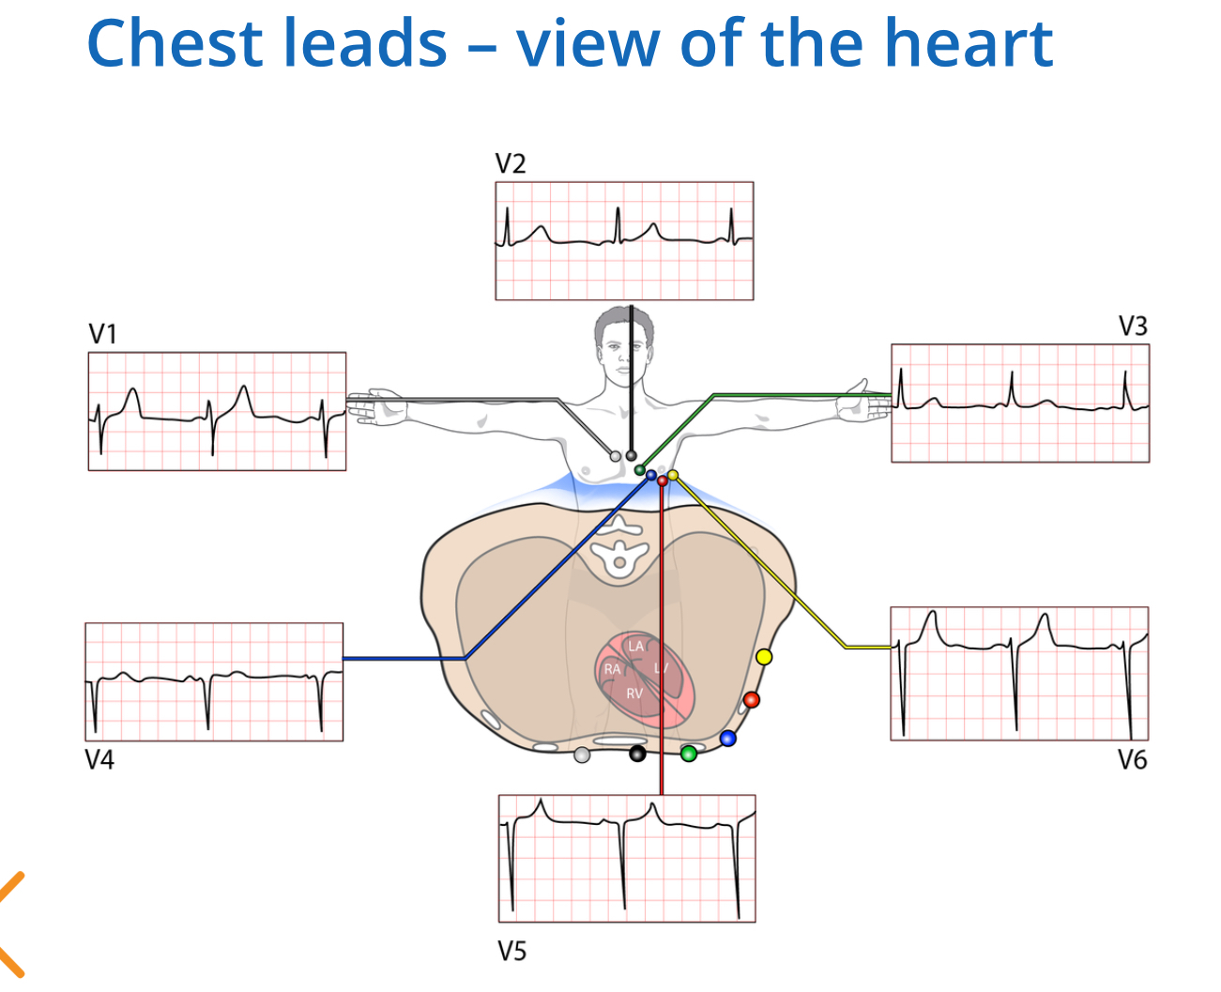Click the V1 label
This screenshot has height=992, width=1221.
102,334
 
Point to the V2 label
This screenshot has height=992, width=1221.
511,164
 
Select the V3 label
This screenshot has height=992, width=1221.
1133,327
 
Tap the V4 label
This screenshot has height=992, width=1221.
99,760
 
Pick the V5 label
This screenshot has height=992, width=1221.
511,952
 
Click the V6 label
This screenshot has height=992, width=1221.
1132,760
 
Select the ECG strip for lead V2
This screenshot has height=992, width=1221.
624,241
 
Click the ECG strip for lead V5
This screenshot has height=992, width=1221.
627,859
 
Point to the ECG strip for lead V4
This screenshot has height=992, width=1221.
214,682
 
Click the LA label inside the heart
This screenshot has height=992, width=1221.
636,646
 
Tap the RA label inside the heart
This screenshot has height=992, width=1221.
612,669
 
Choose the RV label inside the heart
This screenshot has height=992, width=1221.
634,694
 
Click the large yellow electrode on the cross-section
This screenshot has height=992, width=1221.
764,657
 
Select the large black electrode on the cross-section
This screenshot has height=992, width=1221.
637,753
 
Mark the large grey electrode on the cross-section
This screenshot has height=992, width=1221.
582,755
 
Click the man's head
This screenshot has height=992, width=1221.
622,342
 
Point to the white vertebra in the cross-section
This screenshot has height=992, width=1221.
618,555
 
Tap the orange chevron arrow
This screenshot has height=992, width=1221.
11,924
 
